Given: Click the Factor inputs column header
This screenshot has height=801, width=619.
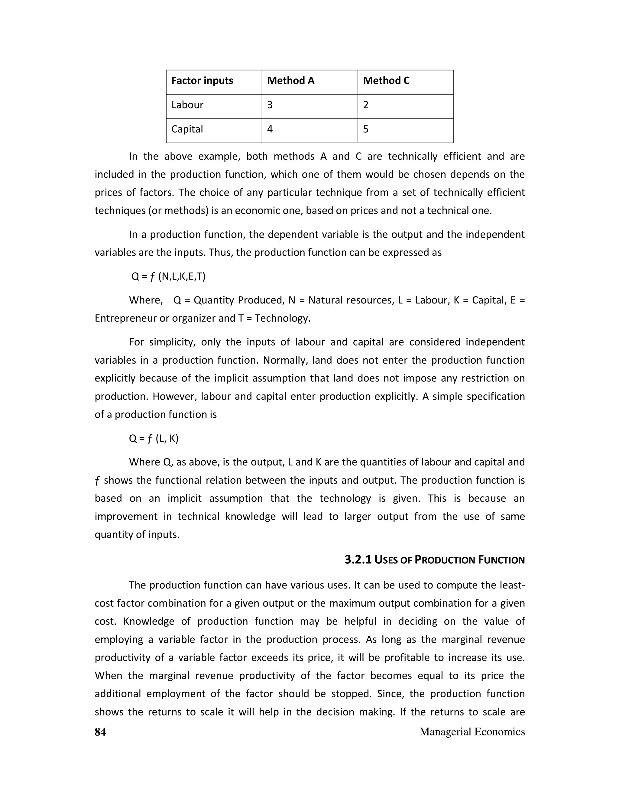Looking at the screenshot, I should click(202, 81).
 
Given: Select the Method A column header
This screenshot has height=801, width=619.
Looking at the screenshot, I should click(290, 81).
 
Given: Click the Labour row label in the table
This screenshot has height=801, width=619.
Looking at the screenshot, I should click(187, 105).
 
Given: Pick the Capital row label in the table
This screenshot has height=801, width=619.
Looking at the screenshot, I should click(187, 129).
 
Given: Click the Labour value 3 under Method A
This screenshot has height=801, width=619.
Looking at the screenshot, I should click(270, 105).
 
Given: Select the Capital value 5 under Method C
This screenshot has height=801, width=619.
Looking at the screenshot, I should click(366, 129).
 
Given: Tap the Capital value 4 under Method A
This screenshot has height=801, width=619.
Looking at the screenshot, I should click(270, 129).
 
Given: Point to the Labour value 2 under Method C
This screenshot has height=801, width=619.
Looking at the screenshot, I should click(366, 105).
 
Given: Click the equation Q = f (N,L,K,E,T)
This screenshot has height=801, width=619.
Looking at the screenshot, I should click(168, 276).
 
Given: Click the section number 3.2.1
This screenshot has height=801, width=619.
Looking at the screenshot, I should click(358, 560).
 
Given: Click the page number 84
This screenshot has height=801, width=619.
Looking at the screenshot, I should click(100, 732).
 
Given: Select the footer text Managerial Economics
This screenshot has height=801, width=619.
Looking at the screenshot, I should click(472, 732).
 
